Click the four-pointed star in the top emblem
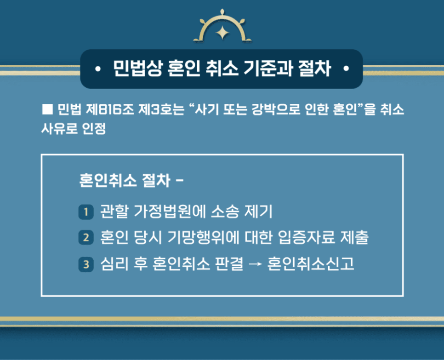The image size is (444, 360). pos(222,32)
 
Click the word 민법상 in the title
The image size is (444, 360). pos(138,68)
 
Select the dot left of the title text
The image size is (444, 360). pos(98,69)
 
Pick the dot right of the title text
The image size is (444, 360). pos(346,69)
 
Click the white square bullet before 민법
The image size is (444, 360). pos(47,109)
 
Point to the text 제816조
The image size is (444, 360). pos(110,109)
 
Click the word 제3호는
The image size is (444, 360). pos(161,109)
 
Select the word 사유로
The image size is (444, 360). pos(59,129)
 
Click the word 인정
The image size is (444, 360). pos(94,129)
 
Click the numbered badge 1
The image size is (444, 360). pos(86,211)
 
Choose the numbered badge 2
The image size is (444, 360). pos(86,237)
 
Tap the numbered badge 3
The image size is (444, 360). pos(86,264)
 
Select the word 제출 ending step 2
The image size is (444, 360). pos(354,237)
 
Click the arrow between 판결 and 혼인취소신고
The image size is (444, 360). pos(255,264)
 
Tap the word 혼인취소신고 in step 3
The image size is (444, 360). pos(311,264)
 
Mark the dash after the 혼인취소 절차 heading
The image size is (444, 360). pos(180,180)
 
